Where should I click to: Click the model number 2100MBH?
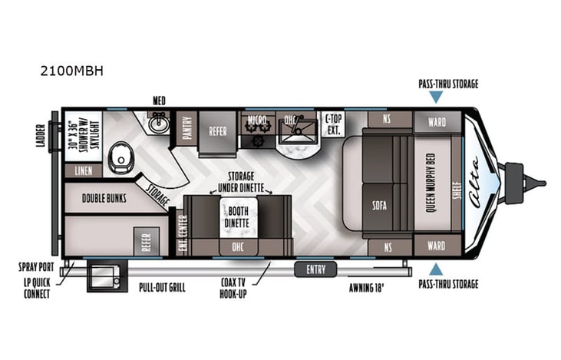(71, 71)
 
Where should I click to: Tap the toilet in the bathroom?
(121, 159)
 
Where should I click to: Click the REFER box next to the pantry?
(218, 131)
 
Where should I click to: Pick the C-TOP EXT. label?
(332, 123)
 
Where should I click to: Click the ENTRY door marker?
(315, 269)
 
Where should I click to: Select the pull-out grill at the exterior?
(101, 276)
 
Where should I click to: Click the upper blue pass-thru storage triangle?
(436, 97)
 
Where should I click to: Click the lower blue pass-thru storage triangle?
(436, 269)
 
